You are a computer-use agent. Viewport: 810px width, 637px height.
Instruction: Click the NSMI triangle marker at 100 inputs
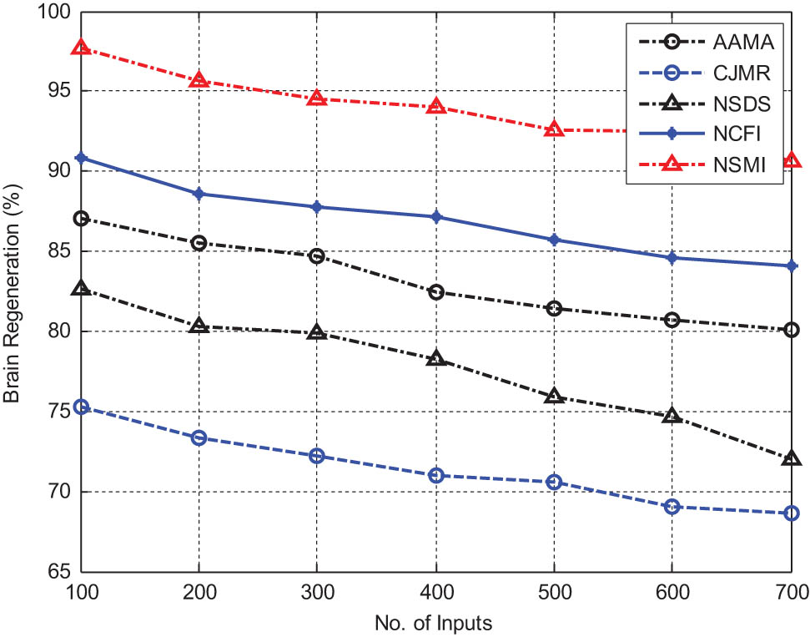coord(81,48)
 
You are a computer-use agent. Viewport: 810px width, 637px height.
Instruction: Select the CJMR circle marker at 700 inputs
coord(789,513)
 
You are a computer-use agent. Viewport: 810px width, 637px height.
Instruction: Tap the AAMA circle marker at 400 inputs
coord(435,292)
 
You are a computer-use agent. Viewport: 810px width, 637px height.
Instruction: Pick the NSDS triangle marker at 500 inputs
coord(553,397)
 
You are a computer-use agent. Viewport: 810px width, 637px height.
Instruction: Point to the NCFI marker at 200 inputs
coord(199,194)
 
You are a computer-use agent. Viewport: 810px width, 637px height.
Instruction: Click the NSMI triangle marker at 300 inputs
coord(317,99)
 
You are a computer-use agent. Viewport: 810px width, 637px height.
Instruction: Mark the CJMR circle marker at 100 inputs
coord(81,407)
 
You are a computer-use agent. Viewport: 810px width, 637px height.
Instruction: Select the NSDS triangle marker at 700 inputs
coord(789,459)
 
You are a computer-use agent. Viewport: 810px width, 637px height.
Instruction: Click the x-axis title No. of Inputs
coord(435,621)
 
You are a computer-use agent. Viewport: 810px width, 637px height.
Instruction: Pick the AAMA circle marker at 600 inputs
coord(672,320)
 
